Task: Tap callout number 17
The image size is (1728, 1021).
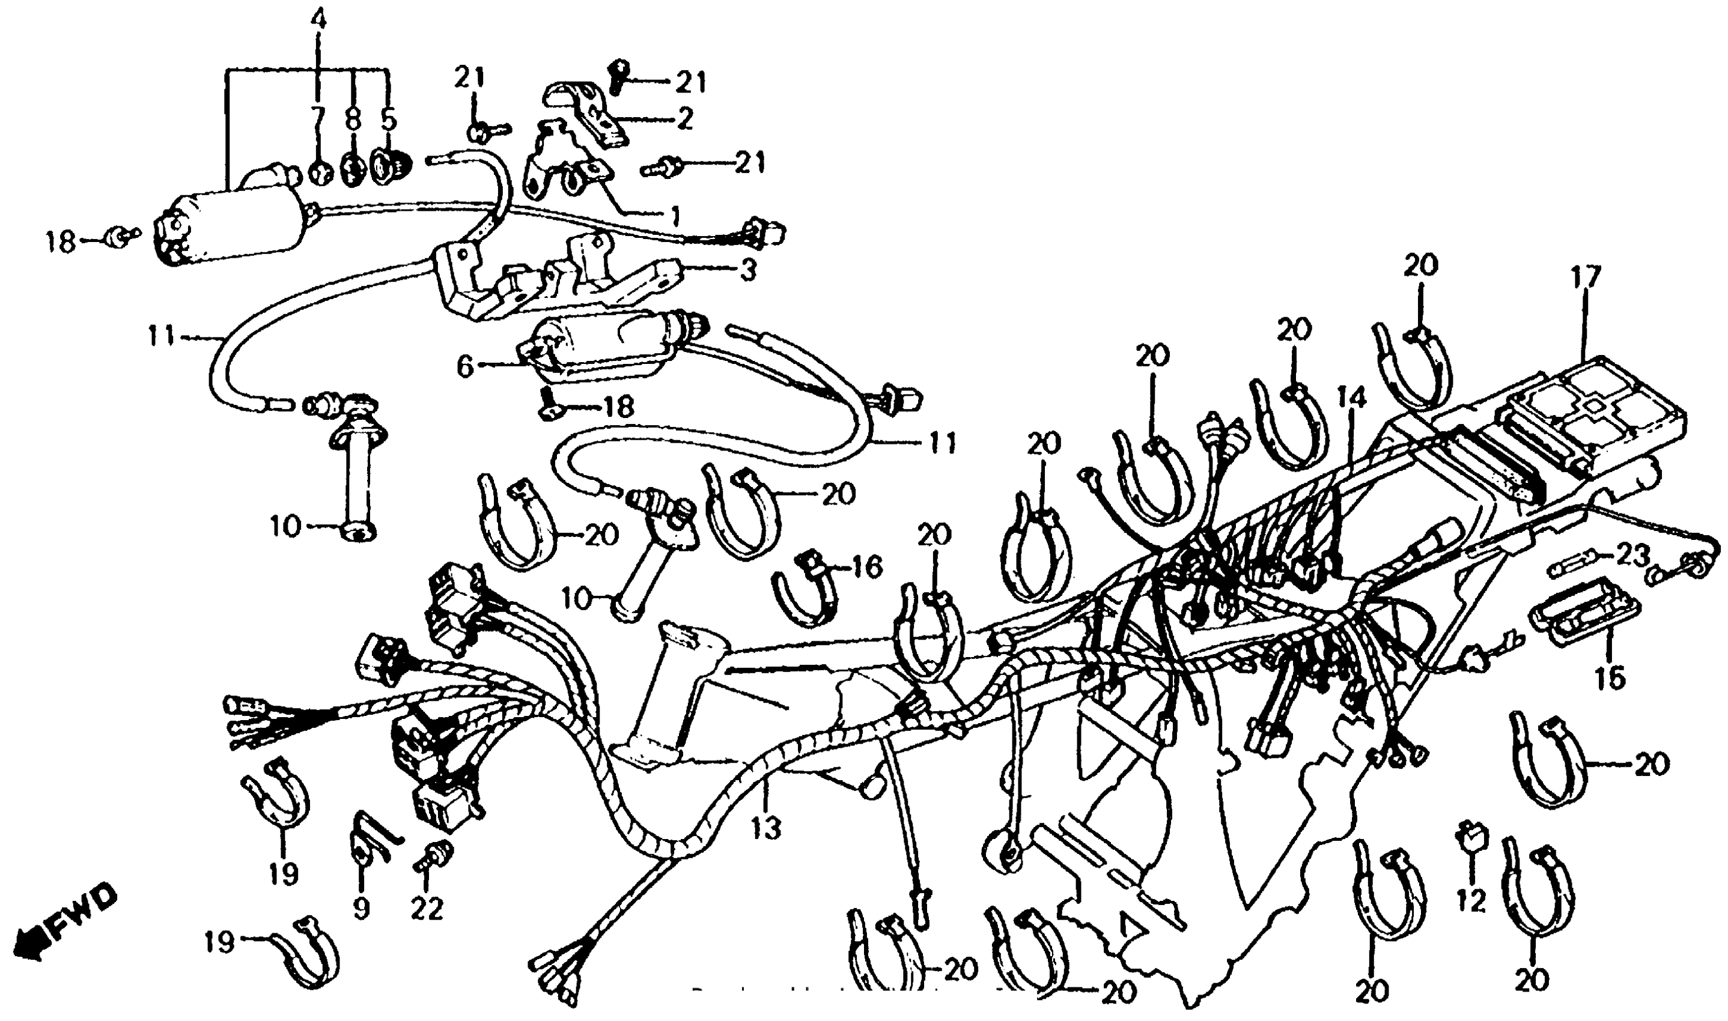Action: tap(1586, 279)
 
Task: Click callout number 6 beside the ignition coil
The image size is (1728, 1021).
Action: tap(466, 367)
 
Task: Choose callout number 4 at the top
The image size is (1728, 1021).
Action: tap(317, 19)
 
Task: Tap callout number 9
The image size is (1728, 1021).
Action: tap(361, 909)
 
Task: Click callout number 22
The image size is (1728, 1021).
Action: tap(427, 909)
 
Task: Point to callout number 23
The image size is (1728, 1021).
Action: tap(1633, 554)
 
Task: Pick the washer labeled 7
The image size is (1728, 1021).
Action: tap(318, 170)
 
